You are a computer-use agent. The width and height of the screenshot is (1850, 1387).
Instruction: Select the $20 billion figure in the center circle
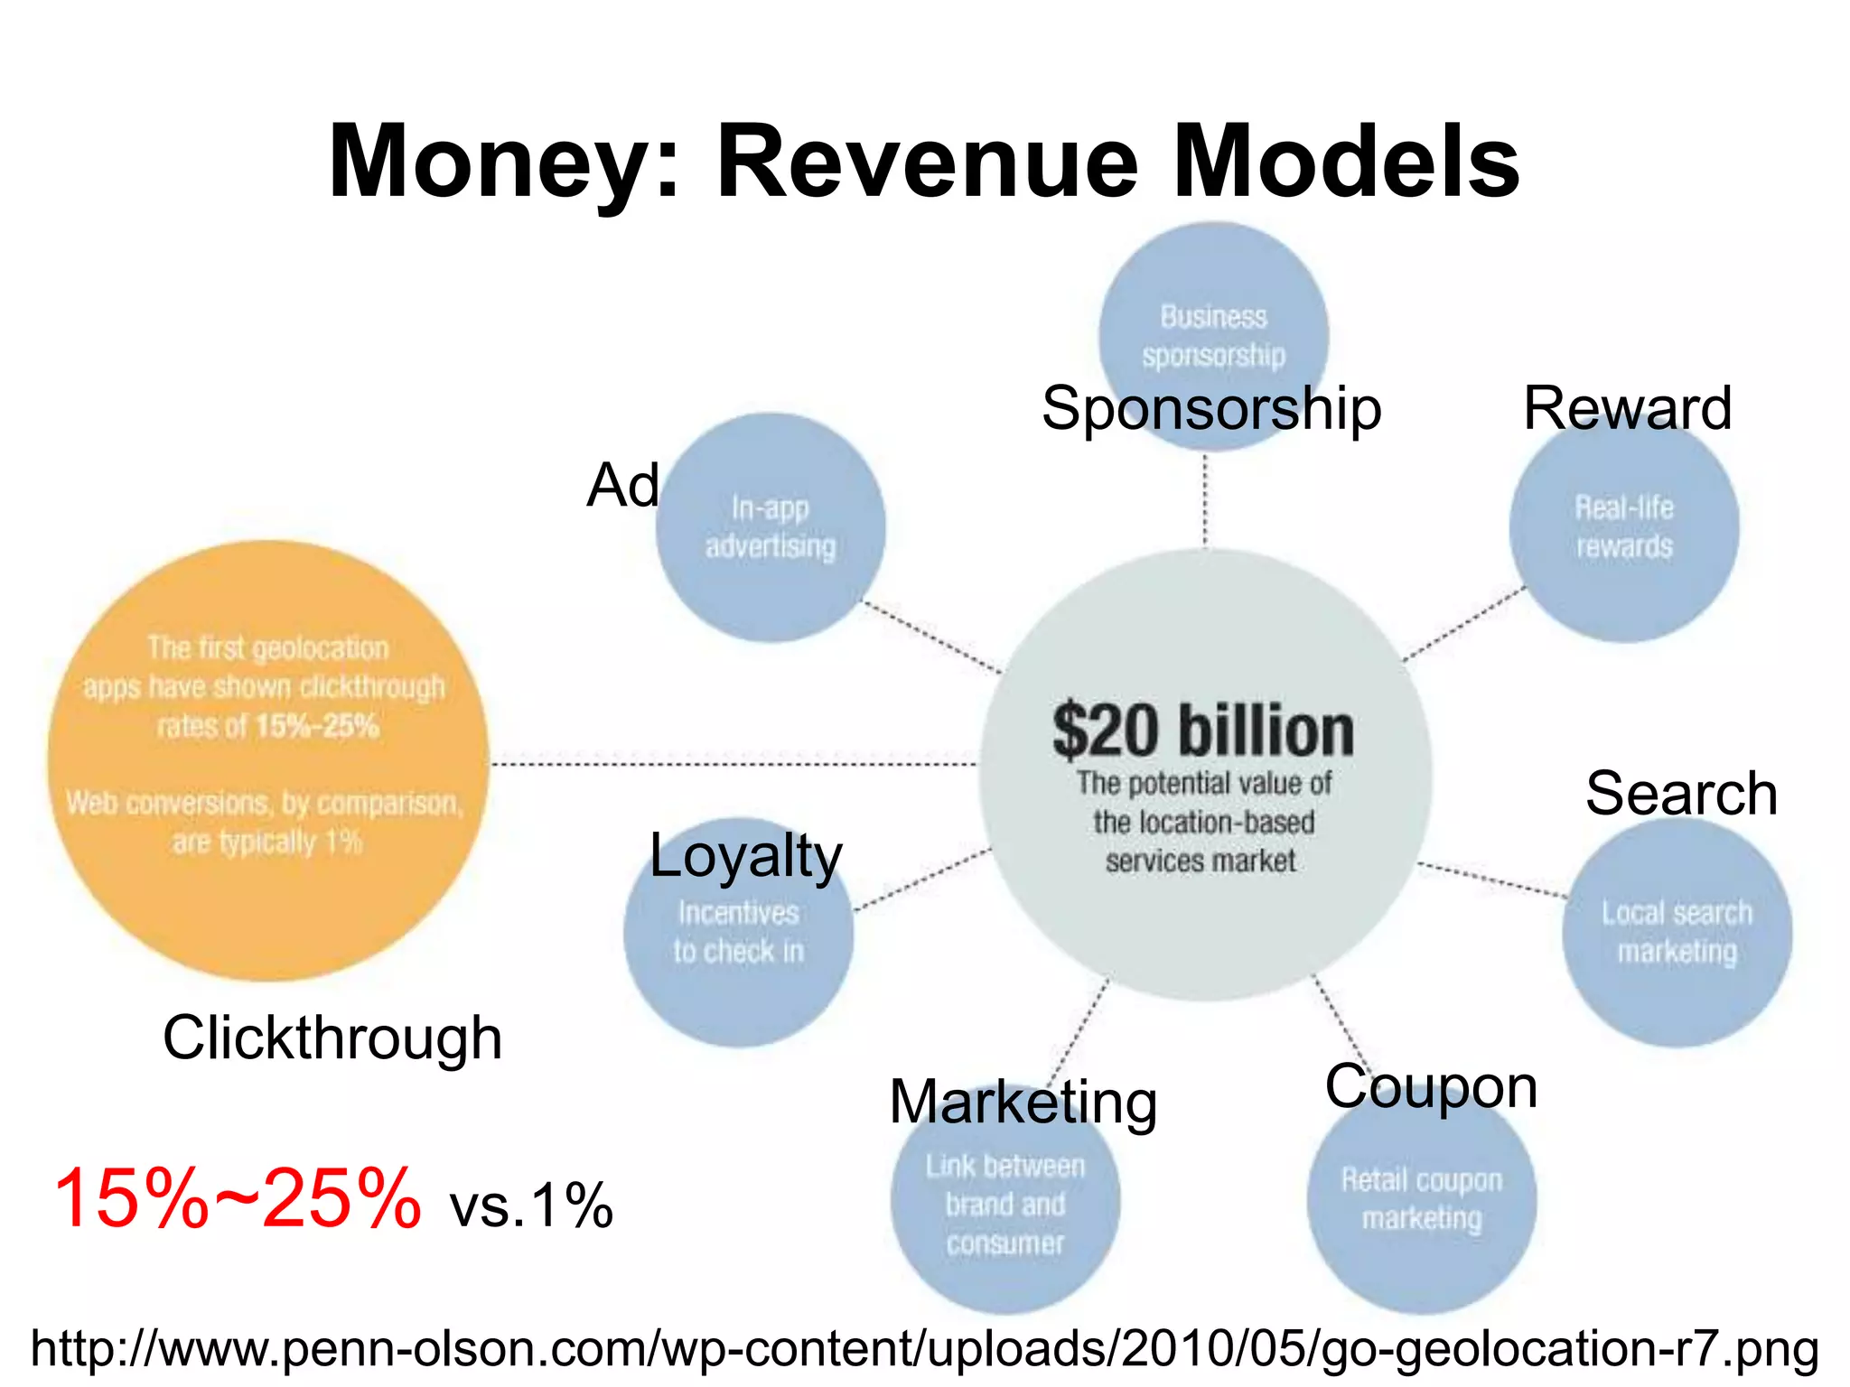(1203, 731)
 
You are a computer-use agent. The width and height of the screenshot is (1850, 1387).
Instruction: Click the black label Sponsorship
(1211, 408)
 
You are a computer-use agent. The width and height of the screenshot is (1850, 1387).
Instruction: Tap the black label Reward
(1627, 408)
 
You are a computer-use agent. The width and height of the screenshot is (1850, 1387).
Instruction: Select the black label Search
(1681, 794)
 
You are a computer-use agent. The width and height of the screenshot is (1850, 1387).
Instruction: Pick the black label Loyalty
(745, 856)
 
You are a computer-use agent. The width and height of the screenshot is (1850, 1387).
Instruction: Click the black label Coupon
(1431, 1086)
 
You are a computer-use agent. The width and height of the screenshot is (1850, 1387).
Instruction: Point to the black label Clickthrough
(332, 1038)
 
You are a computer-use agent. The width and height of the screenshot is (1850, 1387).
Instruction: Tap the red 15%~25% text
(237, 1199)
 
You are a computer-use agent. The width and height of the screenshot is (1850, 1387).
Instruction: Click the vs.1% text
(531, 1205)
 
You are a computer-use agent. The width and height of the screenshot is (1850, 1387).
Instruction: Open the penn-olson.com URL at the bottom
(924, 1348)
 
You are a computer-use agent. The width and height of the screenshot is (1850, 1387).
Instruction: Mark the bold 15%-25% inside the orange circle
(317, 726)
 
